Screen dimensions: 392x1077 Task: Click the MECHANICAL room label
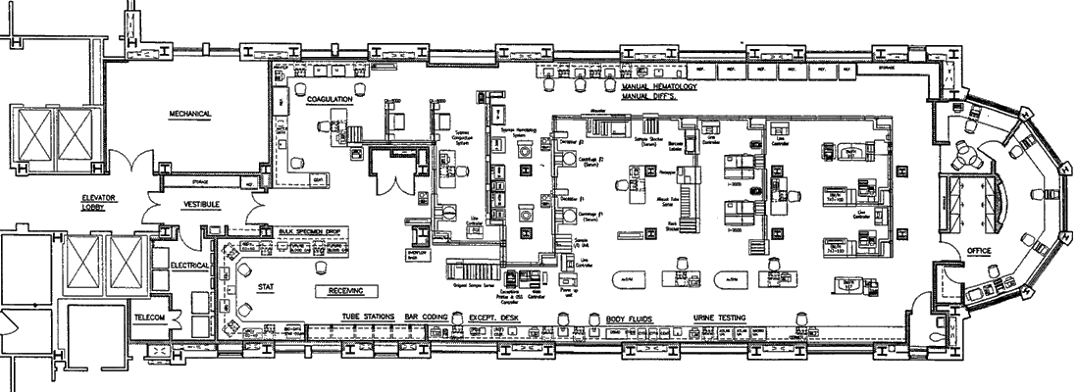[x=190, y=114]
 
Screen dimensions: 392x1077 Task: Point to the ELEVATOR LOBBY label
[x=100, y=204]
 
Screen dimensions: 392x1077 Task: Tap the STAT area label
[x=264, y=287]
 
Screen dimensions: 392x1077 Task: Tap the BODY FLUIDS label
[x=628, y=318]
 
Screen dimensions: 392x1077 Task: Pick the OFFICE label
[x=979, y=252]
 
